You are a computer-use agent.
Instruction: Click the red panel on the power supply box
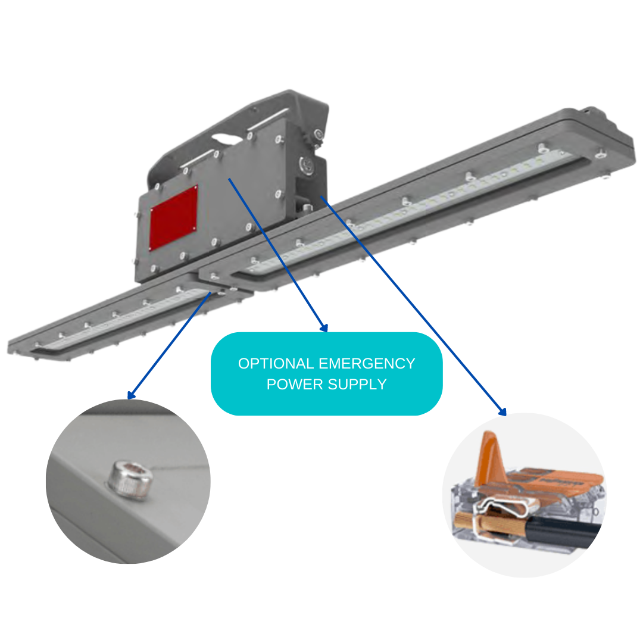(x=173, y=217)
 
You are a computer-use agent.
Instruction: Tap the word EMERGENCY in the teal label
(x=367, y=363)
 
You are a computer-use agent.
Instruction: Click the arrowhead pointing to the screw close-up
(x=131, y=395)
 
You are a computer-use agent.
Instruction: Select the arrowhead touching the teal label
(x=324, y=327)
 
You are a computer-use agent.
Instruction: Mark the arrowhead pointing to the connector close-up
(x=502, y=412)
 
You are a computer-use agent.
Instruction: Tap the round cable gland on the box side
(x=306, y=166)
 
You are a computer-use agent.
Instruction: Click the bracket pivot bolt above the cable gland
(x=318, y=134)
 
